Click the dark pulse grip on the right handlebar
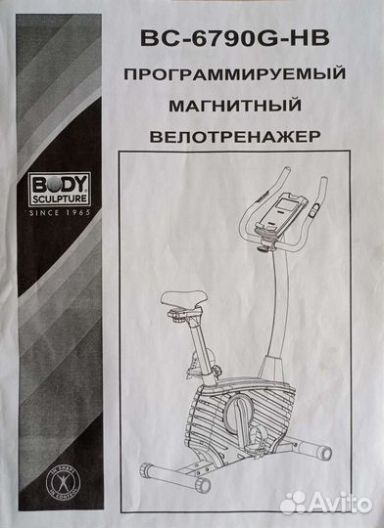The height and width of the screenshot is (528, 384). pos(312,206)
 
